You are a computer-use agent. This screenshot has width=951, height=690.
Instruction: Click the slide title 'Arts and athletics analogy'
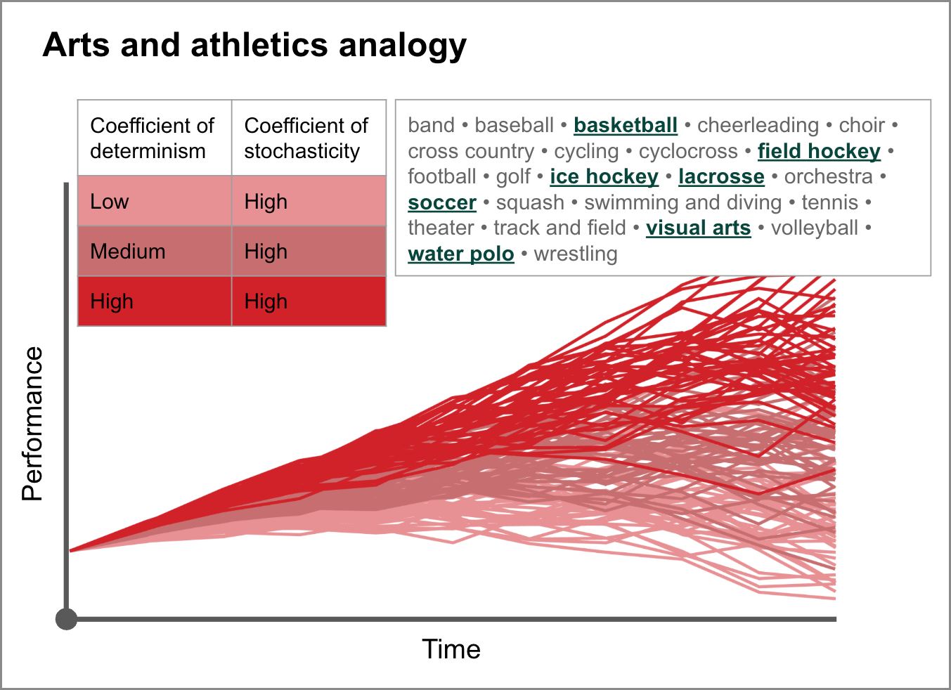pyautogui.click(x=254, y=46)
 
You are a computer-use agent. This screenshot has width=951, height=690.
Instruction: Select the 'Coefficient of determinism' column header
pyautogui.click(x=152, y=138)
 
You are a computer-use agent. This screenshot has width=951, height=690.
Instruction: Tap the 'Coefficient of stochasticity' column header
pyautogui.click(x=306, y=138)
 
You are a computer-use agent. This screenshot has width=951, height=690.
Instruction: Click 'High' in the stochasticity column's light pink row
pyautogui.click(x=266, y=201)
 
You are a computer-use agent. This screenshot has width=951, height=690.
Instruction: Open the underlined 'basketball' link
pyautogui.click(x=626, y=126)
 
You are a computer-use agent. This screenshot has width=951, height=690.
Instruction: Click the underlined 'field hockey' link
pyautogui.click(x=819, y=152)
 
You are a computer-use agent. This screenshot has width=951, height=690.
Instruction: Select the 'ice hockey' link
pyautogui.click(x=604, y=177)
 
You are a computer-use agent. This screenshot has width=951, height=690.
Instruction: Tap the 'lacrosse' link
pyautogui.click(x=721, y=177)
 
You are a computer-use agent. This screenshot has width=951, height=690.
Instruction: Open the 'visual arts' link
pyautogui.click(x=699, y=228)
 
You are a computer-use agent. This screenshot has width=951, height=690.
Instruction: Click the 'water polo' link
pyautogui.click(x=460, y=254)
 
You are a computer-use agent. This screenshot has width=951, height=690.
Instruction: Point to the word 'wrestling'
pyautogui.click(x=575, y=254)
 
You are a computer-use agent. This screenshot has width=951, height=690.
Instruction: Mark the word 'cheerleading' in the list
pyautogui.click(x=758, y=126)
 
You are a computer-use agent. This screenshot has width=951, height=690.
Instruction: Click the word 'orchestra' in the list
pyautogui.click(x=828, y=177)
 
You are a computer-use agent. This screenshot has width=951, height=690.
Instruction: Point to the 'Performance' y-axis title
pyautogui.click(x=32, y=424)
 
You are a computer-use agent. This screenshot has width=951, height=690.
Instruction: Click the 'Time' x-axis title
pyautogui.click(x=451, y=649)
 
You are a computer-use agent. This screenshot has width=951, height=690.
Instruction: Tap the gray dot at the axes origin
pyautogui.click(x=67, y=619)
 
